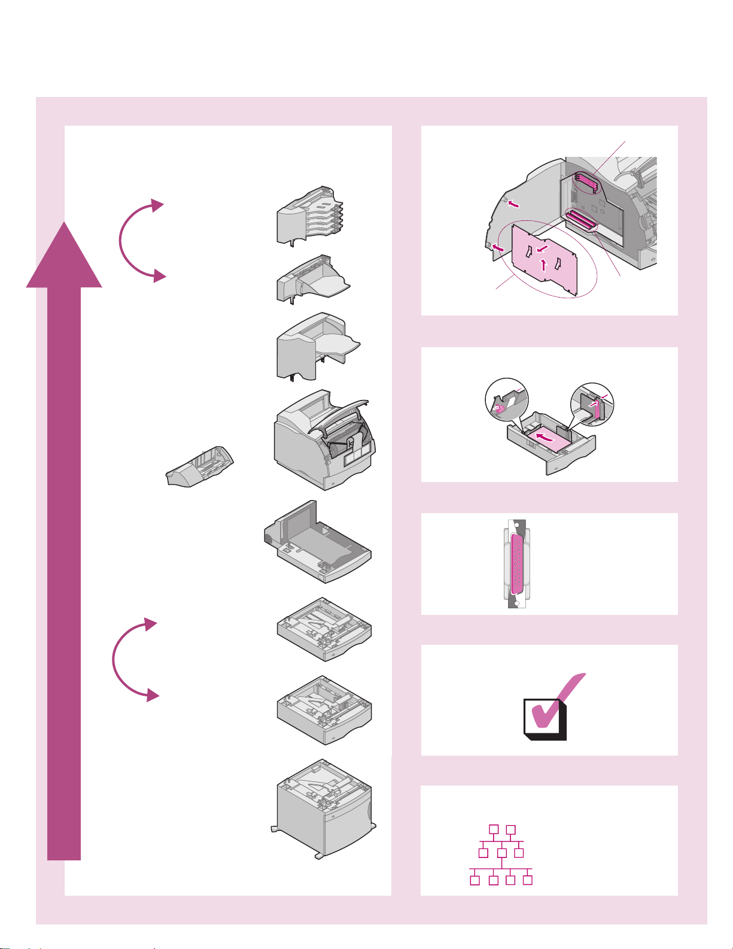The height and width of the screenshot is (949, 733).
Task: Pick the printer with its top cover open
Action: pyautogui.click(x=323, y=440)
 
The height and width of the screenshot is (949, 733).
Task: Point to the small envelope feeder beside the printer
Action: pyautogui.click(x=199, y=467)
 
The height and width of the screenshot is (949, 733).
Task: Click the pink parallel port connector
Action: pyautogui.click(x=515, y=563)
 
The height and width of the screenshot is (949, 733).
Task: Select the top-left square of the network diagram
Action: pyautogui.click(x=494, y=829)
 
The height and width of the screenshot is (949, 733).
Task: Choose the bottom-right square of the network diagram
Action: pyautogui.click(x=528, y=880)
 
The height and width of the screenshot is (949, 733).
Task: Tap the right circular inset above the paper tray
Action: pyautogui.click(x=592, y=404)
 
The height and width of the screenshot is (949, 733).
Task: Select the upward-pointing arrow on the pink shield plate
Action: pyautogui.click(x=543, y=264)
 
